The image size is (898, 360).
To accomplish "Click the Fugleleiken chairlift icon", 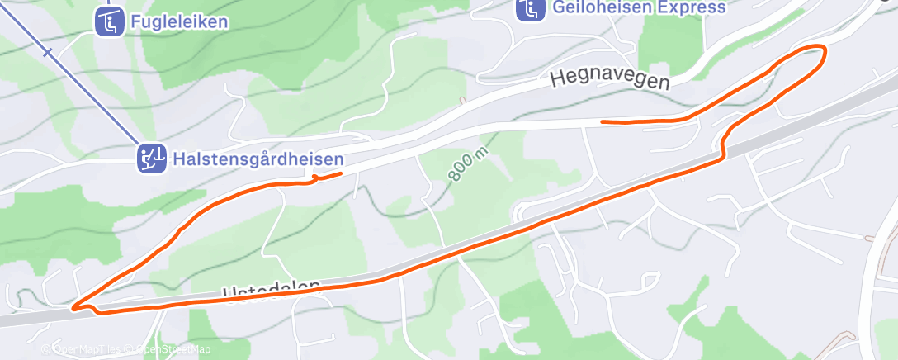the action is pos(108,21).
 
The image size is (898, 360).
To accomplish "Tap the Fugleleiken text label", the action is pos(178,22).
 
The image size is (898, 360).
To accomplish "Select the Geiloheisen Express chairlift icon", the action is pos(530,9).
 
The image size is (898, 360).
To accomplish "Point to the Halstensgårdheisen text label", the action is pos(258,158).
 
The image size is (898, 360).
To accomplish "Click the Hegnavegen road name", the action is pos(609,78).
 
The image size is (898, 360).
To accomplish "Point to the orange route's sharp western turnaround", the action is pos(73,308).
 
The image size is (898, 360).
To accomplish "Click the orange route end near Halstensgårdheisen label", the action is pos(340,173).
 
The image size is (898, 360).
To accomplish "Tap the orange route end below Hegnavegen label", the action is pos(603,122).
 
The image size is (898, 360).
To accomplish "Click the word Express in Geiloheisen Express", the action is pos(691,7).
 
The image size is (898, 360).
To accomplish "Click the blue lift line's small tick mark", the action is pos(48,53).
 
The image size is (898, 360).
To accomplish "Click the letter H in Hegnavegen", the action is pos(557,80).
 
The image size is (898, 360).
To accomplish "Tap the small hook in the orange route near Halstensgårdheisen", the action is pos(314,178).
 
